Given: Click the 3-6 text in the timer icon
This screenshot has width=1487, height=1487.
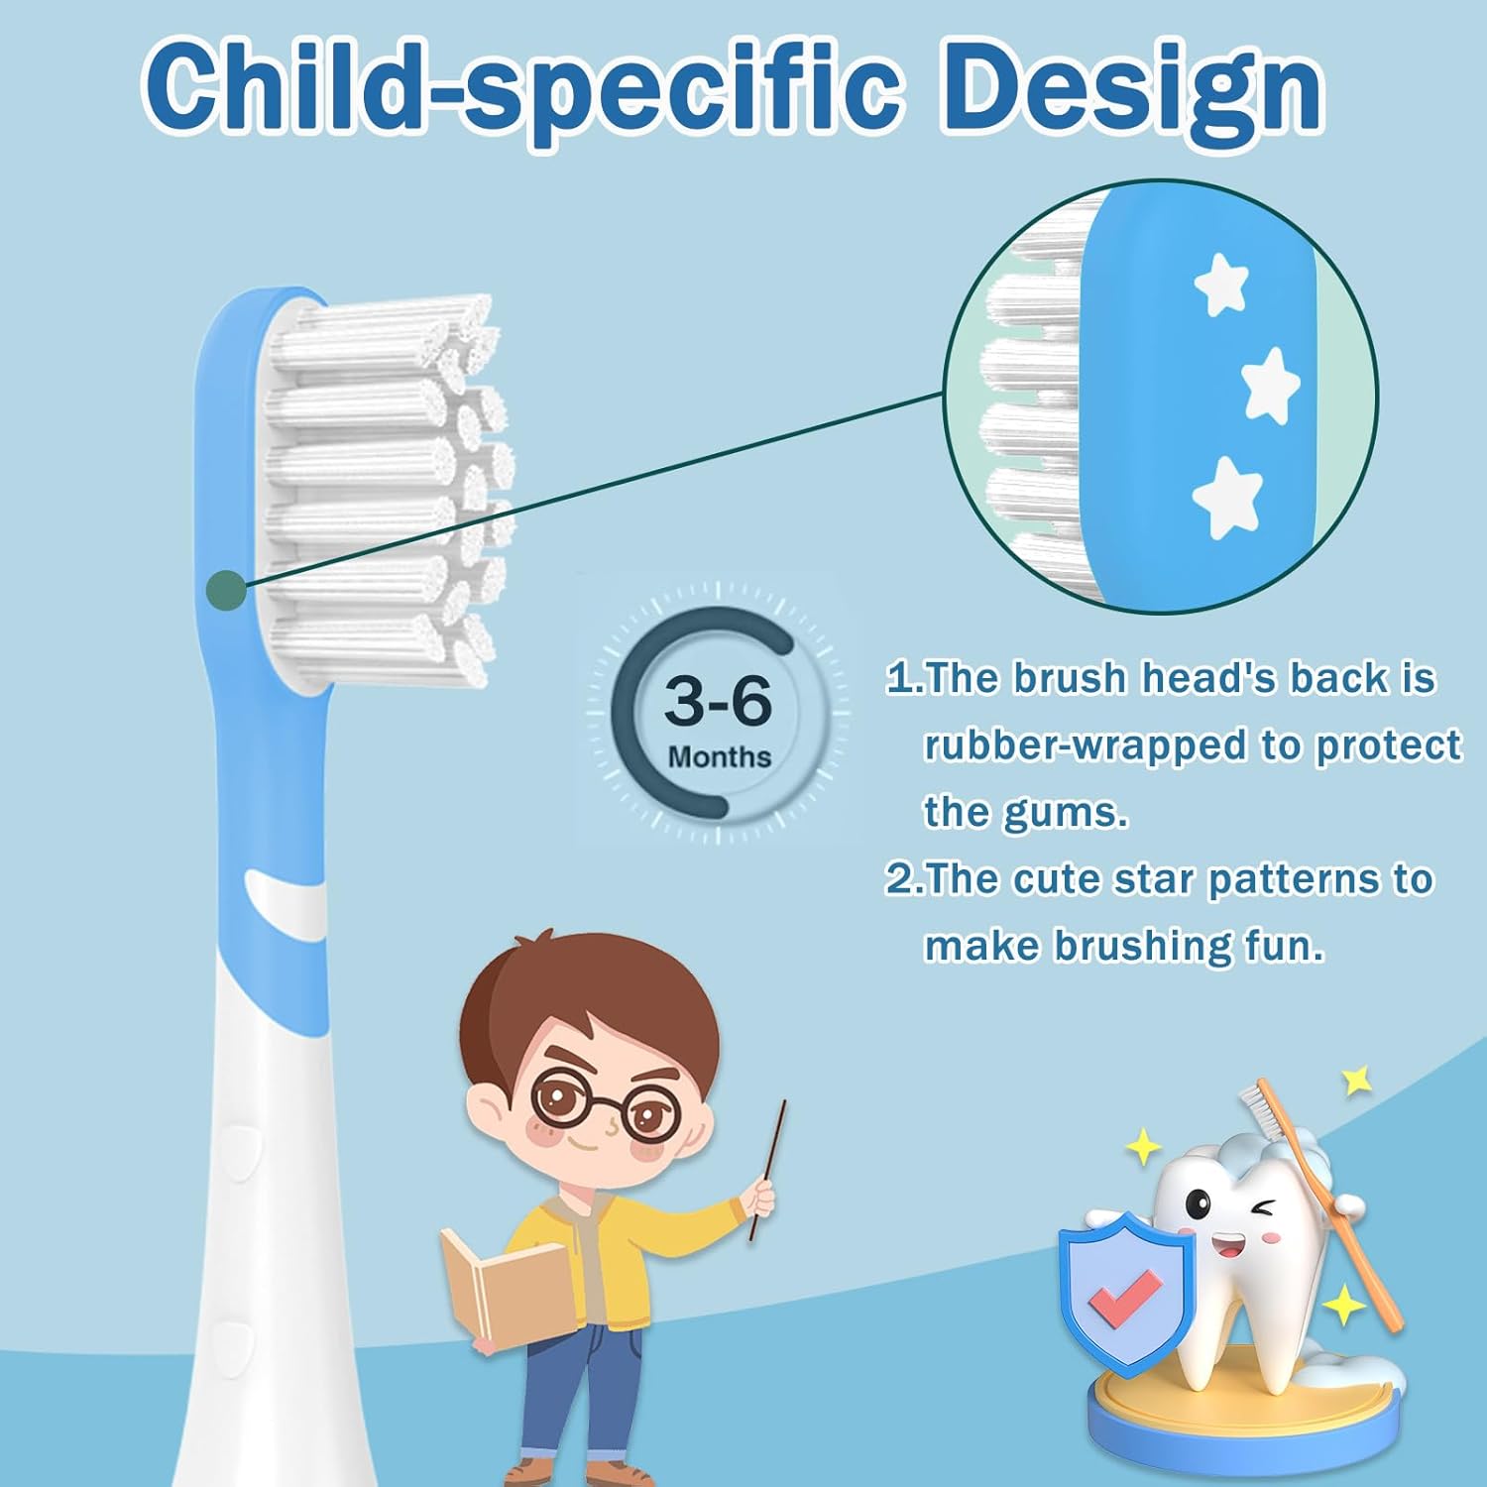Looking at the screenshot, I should tap(718, 700).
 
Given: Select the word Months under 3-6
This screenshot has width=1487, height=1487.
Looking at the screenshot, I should tap(719, 757).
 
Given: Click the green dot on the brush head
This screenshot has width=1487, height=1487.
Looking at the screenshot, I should tap(226, 591).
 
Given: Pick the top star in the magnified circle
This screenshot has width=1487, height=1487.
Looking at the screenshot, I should tap(1220, 284).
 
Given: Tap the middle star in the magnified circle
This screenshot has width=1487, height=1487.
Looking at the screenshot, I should tap(1270, 385).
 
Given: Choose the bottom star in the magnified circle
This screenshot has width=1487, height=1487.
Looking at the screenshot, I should tap(1227, 496).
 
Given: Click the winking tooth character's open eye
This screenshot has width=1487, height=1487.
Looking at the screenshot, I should tap(1200, 1205).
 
